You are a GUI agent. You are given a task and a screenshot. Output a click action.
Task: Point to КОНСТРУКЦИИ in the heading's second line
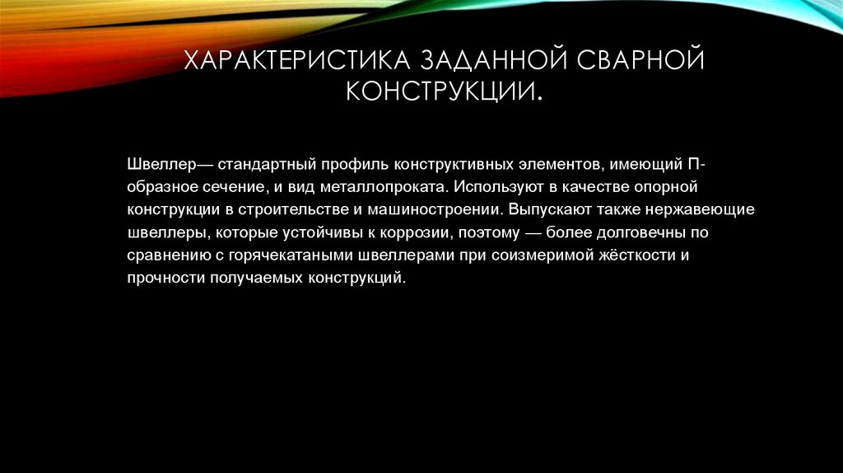pos(441,91)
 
